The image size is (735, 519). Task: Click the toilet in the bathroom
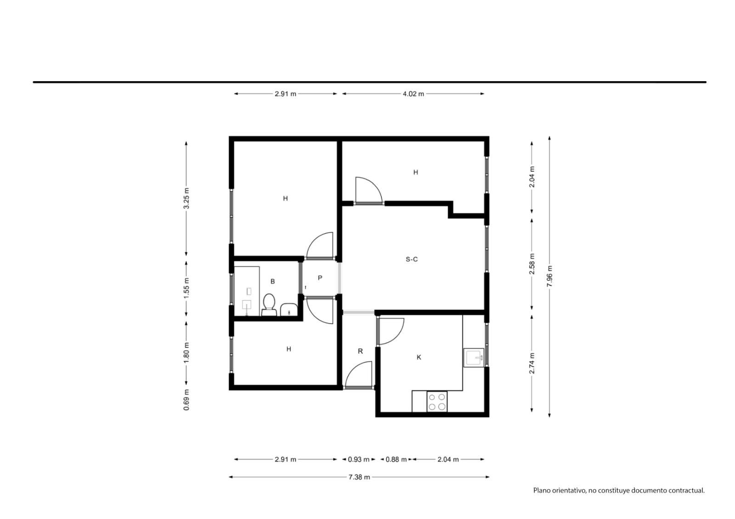coord(269,305)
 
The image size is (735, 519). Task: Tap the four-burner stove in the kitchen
coord(437,402)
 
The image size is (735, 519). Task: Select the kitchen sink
coord(474,357)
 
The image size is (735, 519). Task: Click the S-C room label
coord(412,259)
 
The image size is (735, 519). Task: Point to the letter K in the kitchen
coord(418,357)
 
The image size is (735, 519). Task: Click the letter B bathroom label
coord(272,281)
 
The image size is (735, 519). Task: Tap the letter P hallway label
coord(320,278)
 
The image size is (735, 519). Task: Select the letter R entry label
coord(360,351)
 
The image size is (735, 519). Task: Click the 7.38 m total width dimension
coord(359,477)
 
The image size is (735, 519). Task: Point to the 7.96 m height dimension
coord(549,276)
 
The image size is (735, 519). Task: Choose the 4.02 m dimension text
coord(413,94)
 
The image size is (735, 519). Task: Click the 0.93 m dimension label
coord(359,459)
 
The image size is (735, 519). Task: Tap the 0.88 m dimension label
coord(396,459)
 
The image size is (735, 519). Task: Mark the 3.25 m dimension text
coord(187,198)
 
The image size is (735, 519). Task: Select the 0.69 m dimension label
coord(187,400)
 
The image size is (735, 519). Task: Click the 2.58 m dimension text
coord(532,264)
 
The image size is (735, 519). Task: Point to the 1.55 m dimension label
coord(187,288)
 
